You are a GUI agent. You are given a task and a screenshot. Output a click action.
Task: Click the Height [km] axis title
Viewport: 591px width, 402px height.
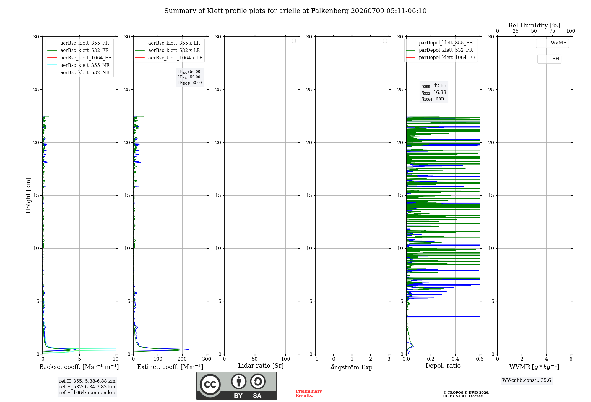click(28, 195)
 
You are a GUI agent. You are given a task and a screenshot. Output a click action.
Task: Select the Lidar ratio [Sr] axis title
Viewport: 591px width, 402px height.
click(261, 366)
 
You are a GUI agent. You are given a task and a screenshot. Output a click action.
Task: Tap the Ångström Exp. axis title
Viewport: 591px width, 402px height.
click(352, 367)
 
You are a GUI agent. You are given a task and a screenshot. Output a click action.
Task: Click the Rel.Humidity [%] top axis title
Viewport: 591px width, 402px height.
click(534, 25)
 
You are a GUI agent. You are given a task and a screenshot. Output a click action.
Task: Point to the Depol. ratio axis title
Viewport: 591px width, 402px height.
click(443, 366)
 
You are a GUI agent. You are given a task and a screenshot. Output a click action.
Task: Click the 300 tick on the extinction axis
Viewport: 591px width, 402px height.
click(207, 359)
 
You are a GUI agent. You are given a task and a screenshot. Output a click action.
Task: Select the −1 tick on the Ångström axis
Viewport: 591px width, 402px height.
click(315, 359)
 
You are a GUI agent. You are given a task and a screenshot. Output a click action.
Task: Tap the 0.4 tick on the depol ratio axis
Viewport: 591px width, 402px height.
click(455, 359)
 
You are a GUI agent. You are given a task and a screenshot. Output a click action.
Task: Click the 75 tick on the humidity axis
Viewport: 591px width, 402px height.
click(552, 31)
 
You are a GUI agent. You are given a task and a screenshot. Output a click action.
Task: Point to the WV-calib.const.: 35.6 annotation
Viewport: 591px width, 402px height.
click(527, 380)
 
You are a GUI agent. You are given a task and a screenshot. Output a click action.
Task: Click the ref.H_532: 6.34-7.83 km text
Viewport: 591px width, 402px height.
click(87, 387)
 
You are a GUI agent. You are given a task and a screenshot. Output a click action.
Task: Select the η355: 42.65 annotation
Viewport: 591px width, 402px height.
click(434, 86)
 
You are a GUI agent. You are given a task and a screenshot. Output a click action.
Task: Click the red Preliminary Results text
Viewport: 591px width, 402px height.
click(309, 393)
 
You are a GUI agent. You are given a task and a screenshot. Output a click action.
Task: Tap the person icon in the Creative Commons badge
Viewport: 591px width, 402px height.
click(239, 381)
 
